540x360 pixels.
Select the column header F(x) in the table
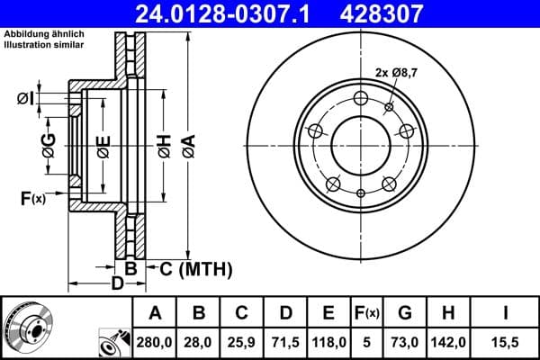point(366,313)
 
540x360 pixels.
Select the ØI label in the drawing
point(26,98)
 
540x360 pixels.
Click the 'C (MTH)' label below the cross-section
point(194,268)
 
